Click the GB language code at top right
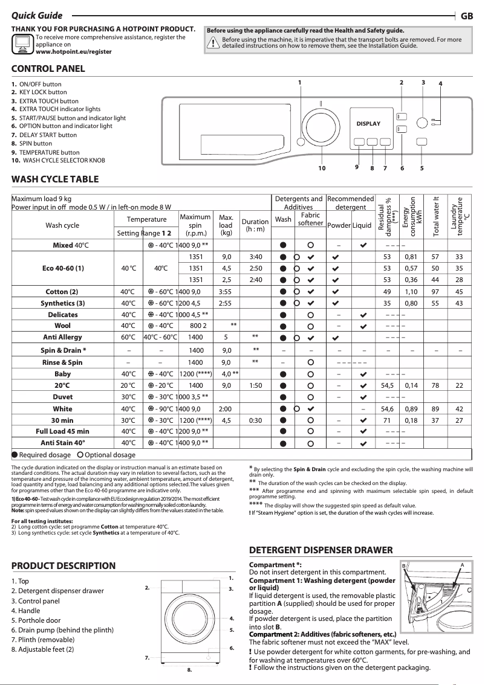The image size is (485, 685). [467, 16]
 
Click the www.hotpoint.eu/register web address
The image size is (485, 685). [74, 52]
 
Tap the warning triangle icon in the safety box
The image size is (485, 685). [213, 42]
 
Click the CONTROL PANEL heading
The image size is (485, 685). [48, 68]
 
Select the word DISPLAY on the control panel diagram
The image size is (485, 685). [368, 124]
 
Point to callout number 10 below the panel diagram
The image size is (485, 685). [322, 168]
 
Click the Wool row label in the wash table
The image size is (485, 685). [63, 326]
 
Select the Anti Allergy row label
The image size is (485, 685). [62, 337]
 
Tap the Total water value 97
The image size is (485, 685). [435, 292]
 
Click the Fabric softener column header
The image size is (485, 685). [310, 219]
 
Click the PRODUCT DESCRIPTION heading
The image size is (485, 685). [63, 566]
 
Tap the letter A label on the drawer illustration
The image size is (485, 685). [461, 564]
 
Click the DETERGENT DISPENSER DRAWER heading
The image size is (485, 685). [321, 550]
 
